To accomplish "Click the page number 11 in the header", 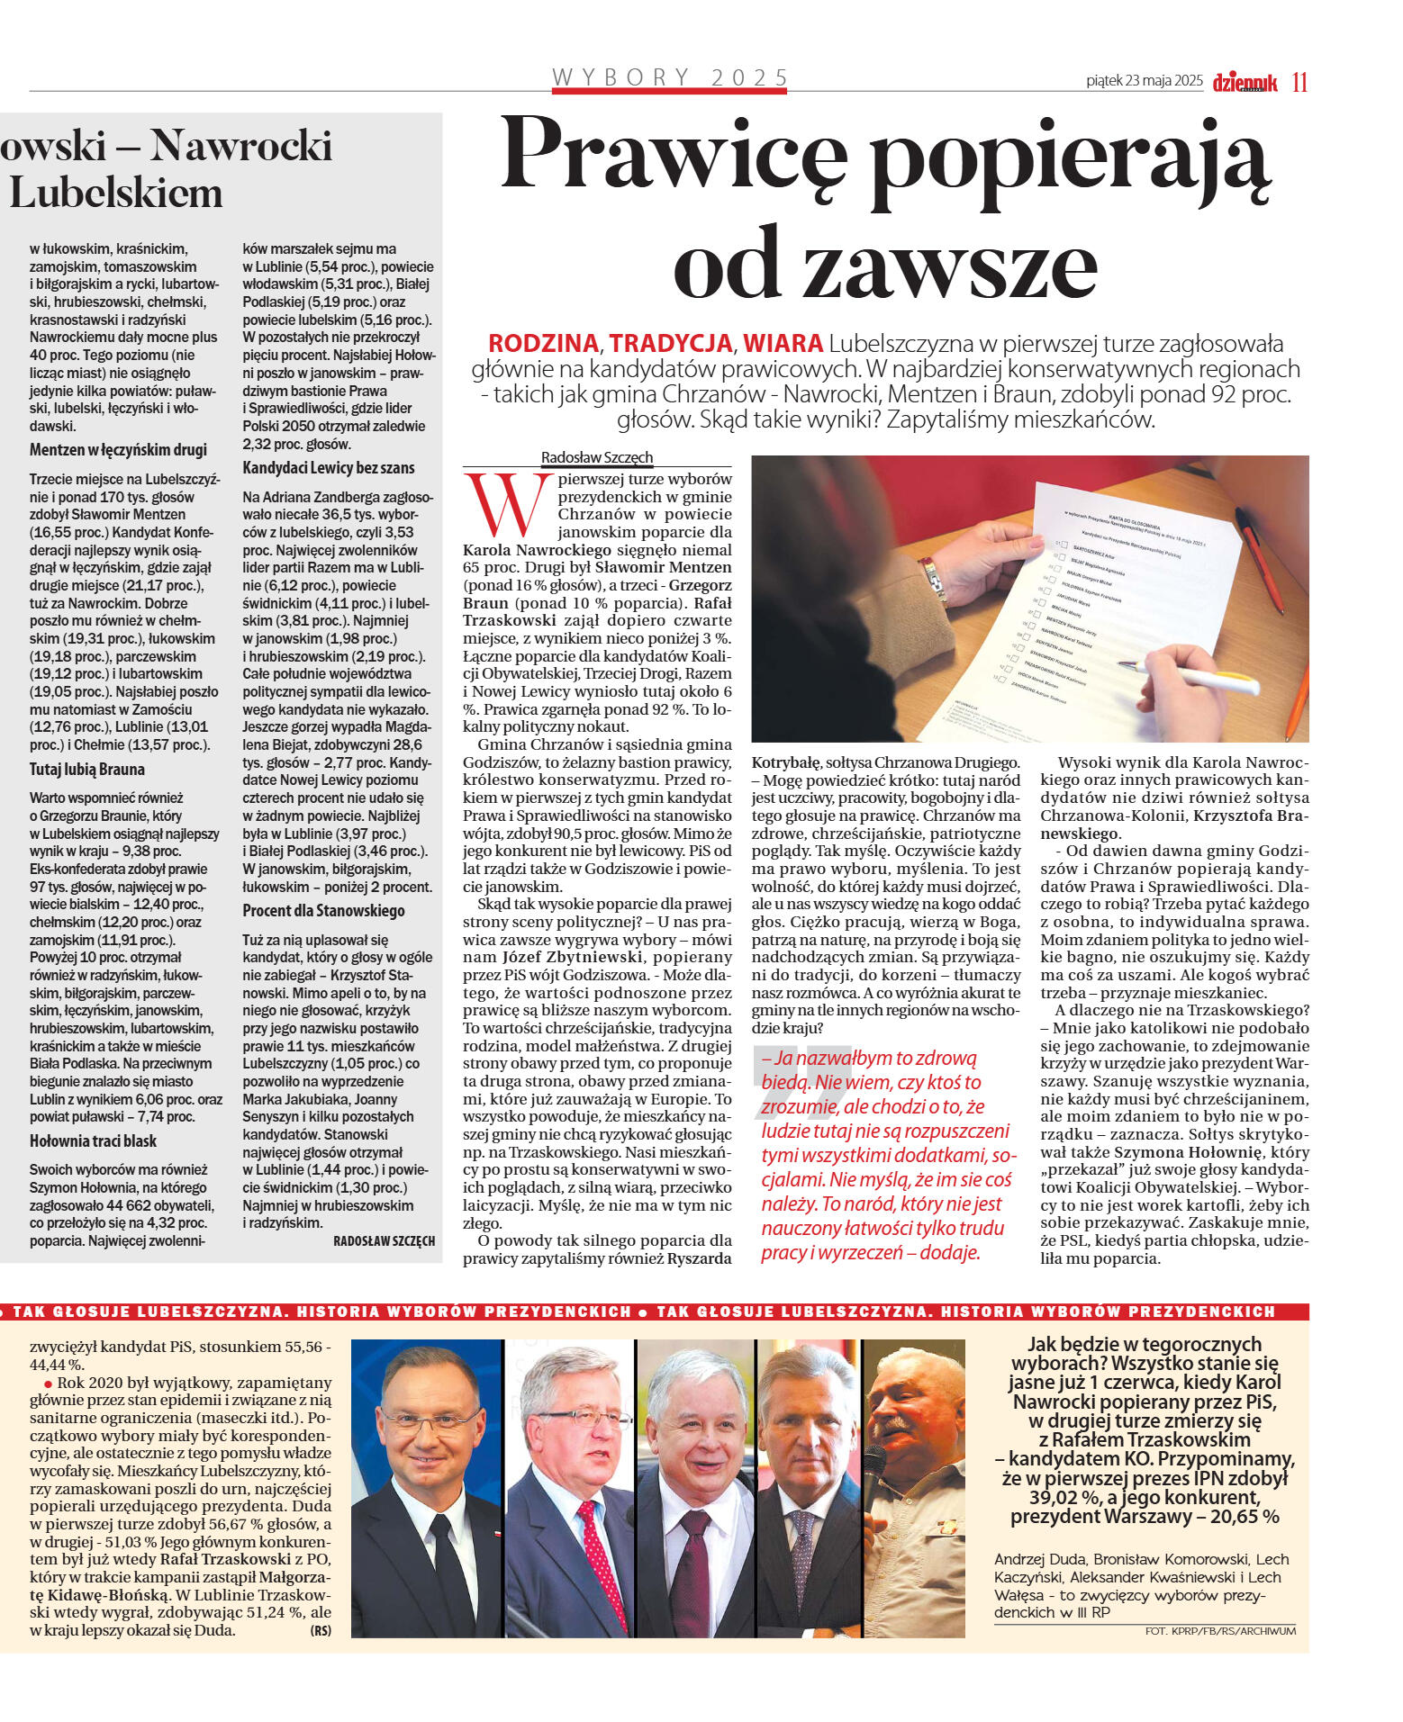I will click(x=1299, y=82).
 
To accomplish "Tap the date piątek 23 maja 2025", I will click(x=1144, y=81).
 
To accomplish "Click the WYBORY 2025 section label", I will click(x=670, y=77).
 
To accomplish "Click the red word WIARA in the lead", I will click(x=783, y=343).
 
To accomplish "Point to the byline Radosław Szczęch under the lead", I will click(x=596, y=457).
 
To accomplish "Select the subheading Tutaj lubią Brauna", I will click(x=86, y=769).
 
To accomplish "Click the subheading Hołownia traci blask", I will click(x=93, y=1140).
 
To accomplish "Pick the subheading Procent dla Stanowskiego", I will click(x=323, y=910).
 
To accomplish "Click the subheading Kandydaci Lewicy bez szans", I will click(x=328, y=467).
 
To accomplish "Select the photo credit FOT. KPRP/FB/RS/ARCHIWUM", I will click(x=1219, y=1631).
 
